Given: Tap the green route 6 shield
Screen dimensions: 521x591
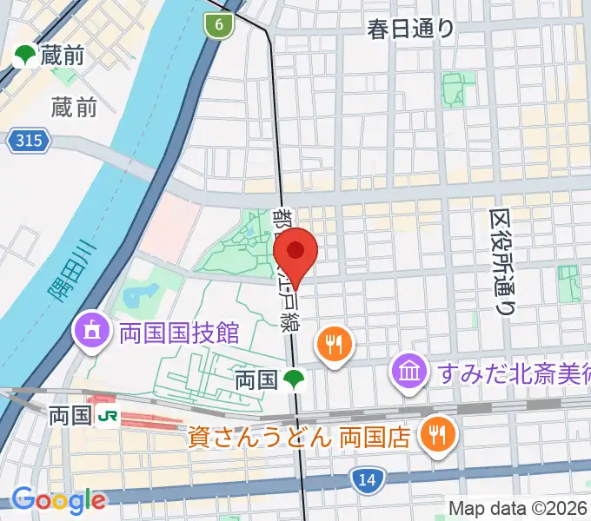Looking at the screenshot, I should tap(220, 25).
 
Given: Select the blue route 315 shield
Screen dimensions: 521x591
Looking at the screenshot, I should tap(30, 140).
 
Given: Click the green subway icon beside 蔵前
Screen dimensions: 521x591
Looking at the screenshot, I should tap(24, 56).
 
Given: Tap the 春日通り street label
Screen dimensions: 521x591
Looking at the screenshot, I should tap(411, 29).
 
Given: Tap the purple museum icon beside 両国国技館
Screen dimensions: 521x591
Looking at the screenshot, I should tap(90, 329).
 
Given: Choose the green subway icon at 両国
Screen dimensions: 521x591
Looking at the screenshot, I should tap(295, 379).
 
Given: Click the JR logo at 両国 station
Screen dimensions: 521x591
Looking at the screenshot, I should tap(108, 416).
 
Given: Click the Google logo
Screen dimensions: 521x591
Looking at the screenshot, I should tap(57, 499).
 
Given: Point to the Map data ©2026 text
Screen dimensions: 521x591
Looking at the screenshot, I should tap(517, 508).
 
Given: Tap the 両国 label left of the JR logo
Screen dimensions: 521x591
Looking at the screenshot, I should tap(70, 416).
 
